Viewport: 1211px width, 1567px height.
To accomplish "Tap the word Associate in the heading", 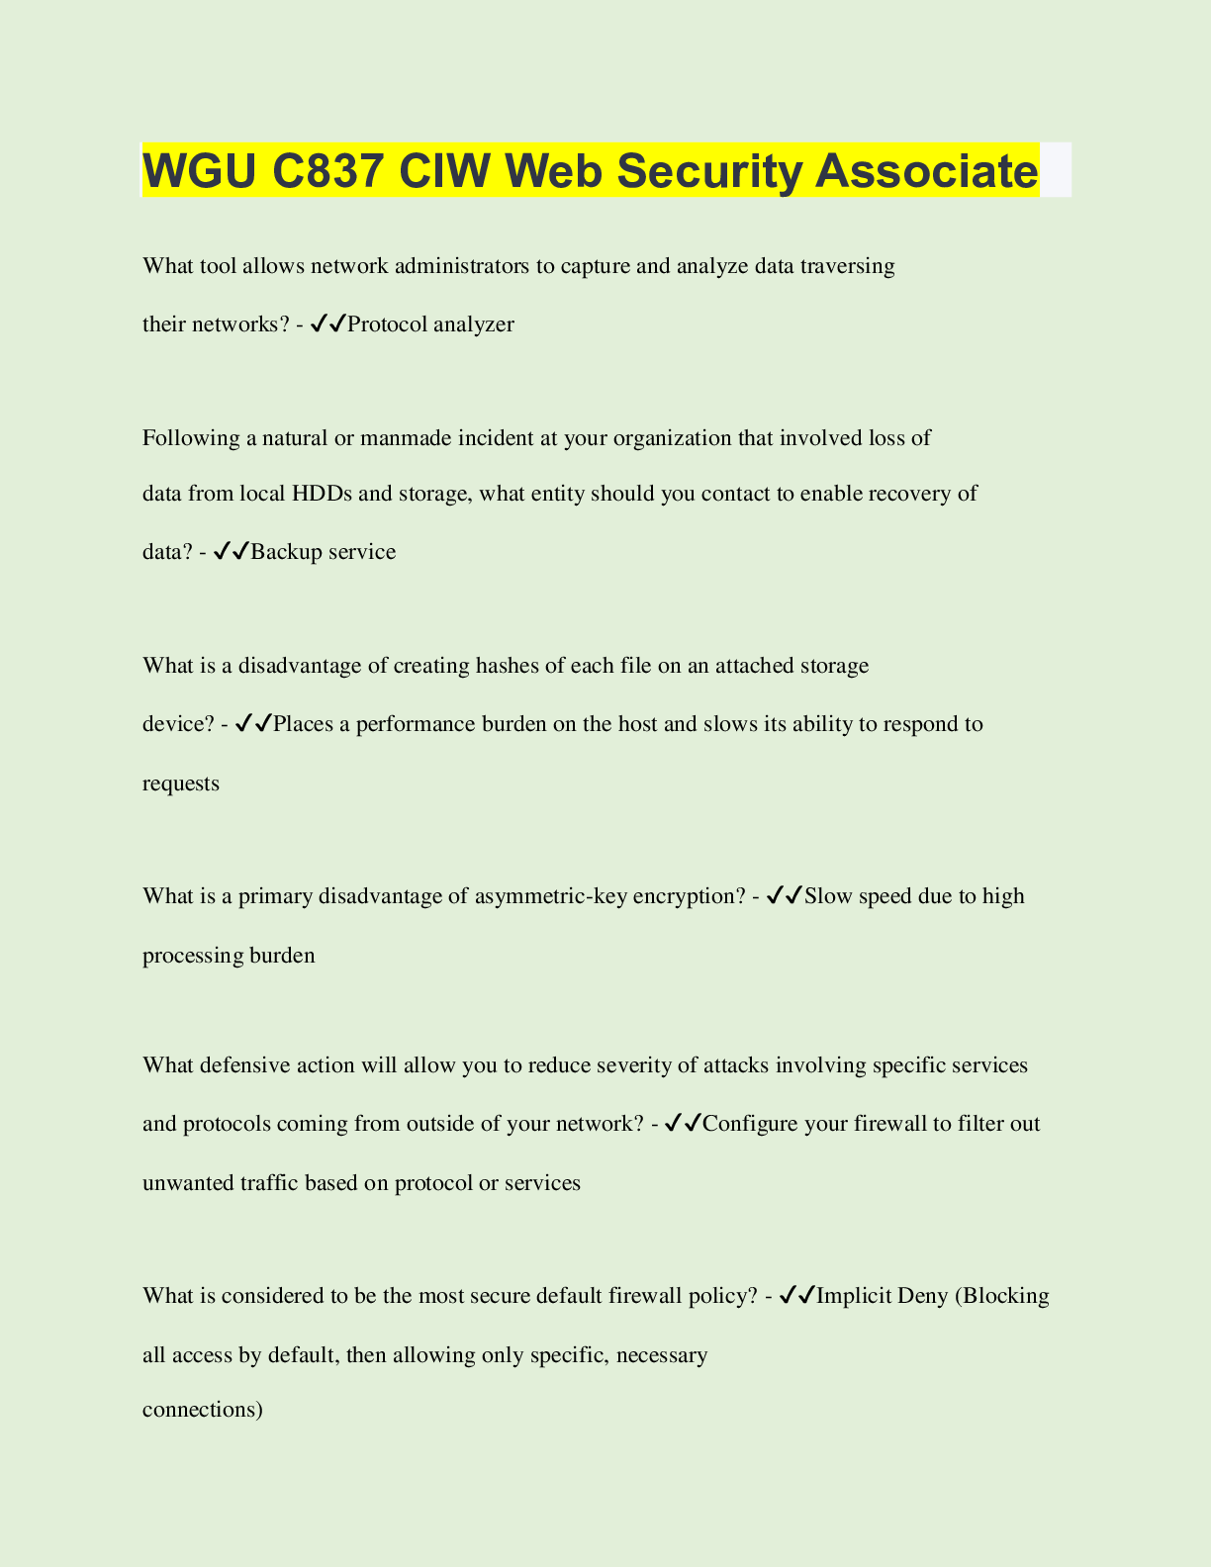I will (926, 171).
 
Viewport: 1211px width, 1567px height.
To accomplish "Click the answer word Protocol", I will (387, 324).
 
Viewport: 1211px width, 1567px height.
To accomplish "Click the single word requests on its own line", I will (181, 783).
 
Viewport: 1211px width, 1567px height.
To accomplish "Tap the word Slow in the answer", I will (828, 896).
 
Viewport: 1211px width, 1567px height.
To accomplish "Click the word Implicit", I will (854, 1296).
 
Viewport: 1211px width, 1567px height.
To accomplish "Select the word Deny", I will (922, 1296).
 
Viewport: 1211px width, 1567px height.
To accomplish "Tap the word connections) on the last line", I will (203, 1410).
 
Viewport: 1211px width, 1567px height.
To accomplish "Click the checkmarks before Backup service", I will (231, 551).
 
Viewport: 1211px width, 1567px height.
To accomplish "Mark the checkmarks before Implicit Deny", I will (797, 1295).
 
